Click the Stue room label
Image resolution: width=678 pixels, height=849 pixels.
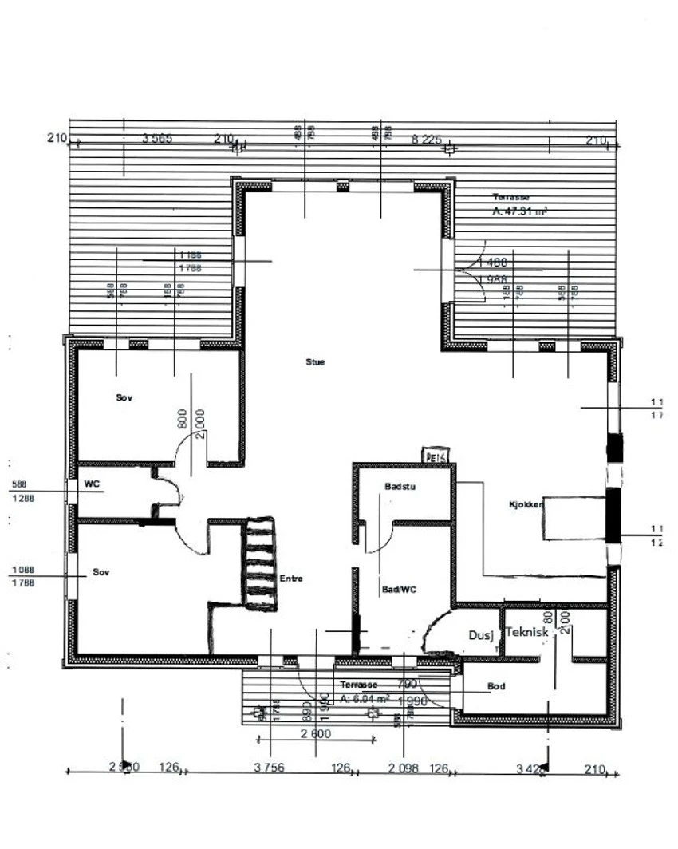[315, 362]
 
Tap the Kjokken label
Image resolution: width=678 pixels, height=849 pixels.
[526, 505]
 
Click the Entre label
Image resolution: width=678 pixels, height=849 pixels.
[290, 579]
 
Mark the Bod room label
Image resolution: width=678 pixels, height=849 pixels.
[496, 686]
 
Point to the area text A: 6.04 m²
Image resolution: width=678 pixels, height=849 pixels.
[365, 698]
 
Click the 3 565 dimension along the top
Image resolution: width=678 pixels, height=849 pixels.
[156, 139]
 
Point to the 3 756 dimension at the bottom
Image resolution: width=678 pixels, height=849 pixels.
[268, 768]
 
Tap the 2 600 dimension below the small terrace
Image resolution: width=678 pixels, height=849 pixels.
[315, 734]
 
